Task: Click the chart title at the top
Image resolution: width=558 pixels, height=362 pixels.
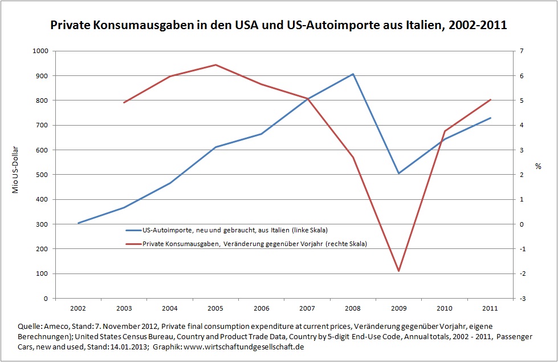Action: pyautogui.click(x=279, y=26)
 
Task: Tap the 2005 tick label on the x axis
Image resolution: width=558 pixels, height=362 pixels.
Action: pyautogui.click(x=215, y=308)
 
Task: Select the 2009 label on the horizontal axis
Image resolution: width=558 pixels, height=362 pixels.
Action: pyautogui.click(x=398, y=308)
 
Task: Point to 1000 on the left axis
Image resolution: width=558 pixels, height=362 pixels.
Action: pyautogui.click(x=40, y=51)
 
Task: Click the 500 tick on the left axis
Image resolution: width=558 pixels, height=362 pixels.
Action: pyautogui.click(x=43, y=175)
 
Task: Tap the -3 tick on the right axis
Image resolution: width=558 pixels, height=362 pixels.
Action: pyautogui.click(x=522, y=298)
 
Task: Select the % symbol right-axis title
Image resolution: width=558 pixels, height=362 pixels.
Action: pyautogui.click(x=537, y=166)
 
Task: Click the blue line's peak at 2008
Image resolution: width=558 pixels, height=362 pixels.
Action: pyautogui.click(x=353, y=74)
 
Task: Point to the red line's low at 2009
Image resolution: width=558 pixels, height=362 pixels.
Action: pyautogui.click(x=398, y=271)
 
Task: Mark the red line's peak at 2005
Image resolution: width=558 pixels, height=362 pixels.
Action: pyautogui.click(x=215, y=65)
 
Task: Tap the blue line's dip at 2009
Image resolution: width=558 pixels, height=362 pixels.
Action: pyautogui.click(x=398, y=173)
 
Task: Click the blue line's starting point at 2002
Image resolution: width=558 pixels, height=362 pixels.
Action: pyautogui.click(x=78, y=223)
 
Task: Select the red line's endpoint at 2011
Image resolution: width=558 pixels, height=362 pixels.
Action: pyautogui.click(x=491, y=100)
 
